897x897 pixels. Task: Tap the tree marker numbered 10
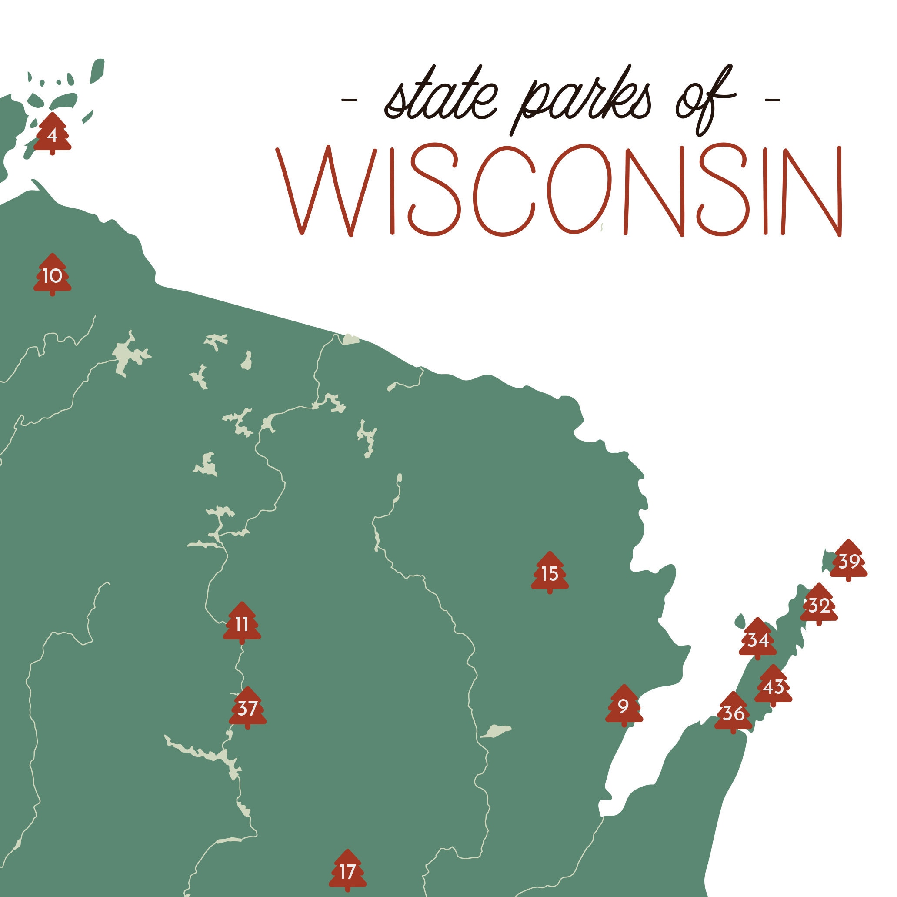click(53, 275)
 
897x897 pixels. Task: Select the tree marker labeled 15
click(550, 573)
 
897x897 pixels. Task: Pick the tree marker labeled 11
click(241, 624)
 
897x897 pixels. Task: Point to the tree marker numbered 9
click(624, 706)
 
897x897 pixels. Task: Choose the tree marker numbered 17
click(347, 871)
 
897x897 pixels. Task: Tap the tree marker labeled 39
click(848, 561)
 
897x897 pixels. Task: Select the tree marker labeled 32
click(819, 605)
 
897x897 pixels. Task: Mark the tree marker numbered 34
click(757, 639)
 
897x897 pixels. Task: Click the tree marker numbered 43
click(773, 686)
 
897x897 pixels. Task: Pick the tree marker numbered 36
click(733, 713)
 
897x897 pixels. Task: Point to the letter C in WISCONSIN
click(504, 191)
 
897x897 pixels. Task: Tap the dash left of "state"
click(349, 100)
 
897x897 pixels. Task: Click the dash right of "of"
click(772, 100)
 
